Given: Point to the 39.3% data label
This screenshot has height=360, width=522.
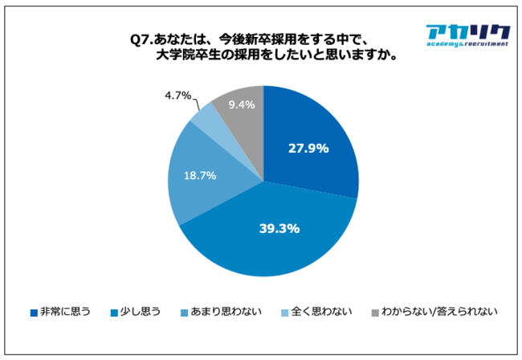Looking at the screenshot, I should point(279,228).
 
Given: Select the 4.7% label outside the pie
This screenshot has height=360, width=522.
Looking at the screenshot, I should point(177,96).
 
